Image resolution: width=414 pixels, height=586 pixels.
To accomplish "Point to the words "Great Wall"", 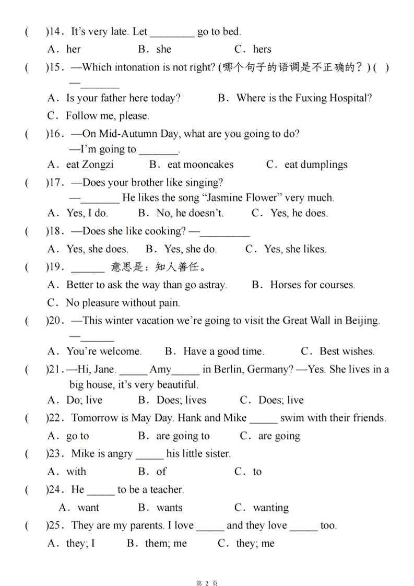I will click(309, 320).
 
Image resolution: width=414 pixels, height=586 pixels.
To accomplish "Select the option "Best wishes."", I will click(347, 351).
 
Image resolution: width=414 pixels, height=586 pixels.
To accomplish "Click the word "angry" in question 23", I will click(120, 453).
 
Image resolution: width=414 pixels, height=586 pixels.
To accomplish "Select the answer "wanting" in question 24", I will click(270, 508).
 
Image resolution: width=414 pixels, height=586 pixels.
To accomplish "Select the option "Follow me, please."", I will click(107, 116).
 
